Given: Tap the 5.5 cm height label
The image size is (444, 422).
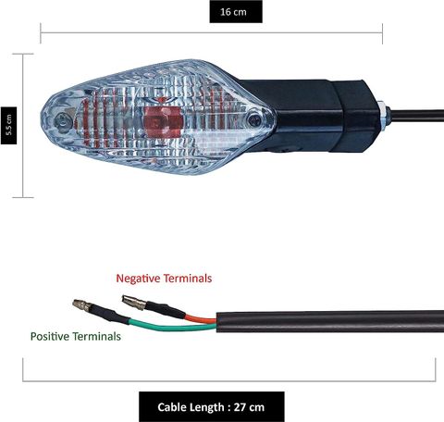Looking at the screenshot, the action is coord(8,125).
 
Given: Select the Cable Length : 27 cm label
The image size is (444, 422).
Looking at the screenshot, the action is coord(211,407).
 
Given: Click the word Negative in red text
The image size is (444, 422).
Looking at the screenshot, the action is coord(138,279).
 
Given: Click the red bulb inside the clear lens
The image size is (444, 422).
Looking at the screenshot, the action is coord(164,122).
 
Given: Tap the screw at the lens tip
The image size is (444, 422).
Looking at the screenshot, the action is coord(63,122).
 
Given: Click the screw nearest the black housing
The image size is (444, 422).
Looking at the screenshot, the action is coord(254,119).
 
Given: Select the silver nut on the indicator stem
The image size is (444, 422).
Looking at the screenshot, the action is coord(383,116).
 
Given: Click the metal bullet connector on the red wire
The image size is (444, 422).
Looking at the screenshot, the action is coord(134,303).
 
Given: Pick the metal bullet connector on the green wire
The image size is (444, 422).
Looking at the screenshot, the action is coord(82,304).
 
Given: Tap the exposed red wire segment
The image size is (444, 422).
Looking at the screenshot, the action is coord(201,319).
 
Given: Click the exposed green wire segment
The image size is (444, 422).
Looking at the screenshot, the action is coord(173,326).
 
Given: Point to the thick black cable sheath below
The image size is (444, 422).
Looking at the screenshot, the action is coord(330,321).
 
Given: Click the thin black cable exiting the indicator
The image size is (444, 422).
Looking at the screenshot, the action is coord(417,116).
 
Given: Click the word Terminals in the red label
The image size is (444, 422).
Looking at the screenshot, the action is coord(188,279).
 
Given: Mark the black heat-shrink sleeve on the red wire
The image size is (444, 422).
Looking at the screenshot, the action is coord(166,310).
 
